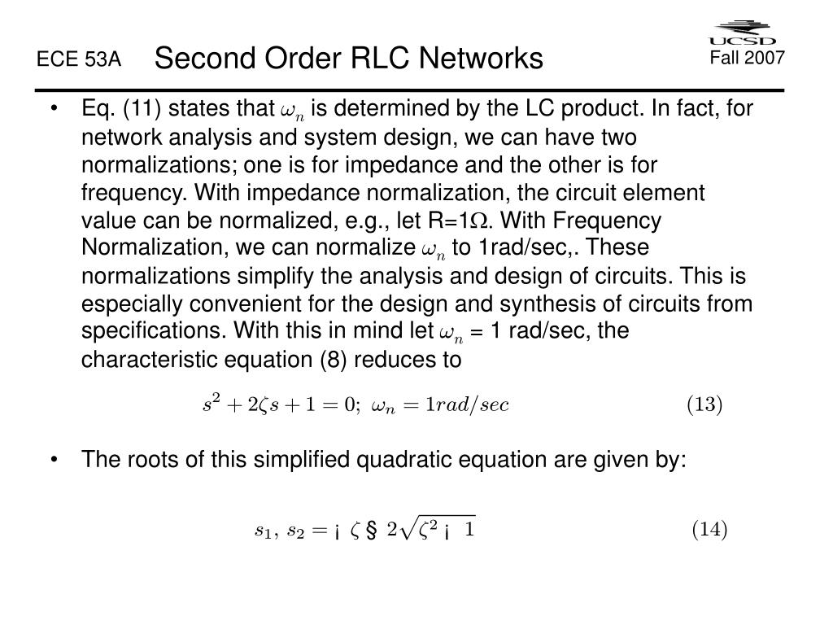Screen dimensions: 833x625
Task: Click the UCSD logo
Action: [x=742, y=33]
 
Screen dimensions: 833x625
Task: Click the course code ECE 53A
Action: [x=79, y=59]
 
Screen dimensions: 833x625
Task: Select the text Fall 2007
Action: [x=747, y=58]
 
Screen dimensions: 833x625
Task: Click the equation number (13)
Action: [x=704, y=404]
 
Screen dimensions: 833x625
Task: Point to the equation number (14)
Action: [x=709, y=529]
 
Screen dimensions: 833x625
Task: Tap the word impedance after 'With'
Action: [x=303, y=193]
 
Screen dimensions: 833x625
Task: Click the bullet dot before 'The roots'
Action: [x=54, y=461]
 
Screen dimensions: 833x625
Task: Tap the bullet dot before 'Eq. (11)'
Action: [x=54, y=109]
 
